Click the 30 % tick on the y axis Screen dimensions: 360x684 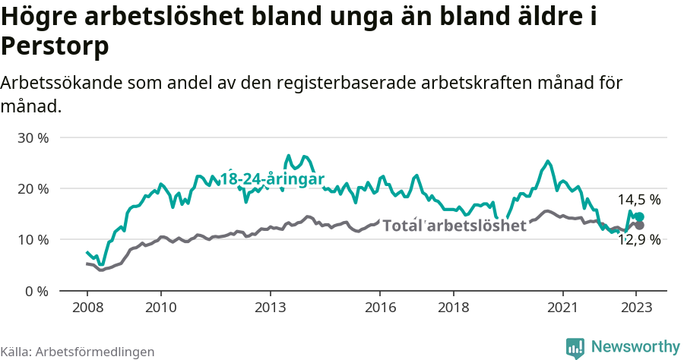[x=33, y=138]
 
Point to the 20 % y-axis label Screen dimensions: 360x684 [x=33, y=189]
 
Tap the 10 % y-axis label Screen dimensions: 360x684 [x=33, y=240]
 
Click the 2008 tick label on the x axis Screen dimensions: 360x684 [x=87, y=308]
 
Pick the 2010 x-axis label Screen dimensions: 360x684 [x=160, y=308]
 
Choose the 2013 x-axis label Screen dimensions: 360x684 [x=271, y=308]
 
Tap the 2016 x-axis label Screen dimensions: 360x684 [x=380, y=308]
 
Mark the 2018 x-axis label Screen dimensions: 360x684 [x=454, y=308]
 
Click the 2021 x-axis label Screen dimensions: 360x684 [x=563, y=308]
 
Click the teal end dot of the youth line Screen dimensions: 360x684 [x=640, y=217]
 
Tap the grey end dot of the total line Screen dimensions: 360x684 [x=640, y=226]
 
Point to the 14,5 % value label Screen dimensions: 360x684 [x=638, y=200]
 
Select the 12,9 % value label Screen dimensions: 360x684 [x=638, y=240]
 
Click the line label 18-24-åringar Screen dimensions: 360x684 [x=272, y=179]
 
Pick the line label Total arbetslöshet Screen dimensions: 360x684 [x=454, y=226]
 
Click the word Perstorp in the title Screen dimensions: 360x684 [x=55, y=46]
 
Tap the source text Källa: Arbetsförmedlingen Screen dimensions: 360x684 [x=78, y=352]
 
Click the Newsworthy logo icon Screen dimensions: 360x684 [x=575, y=347]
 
